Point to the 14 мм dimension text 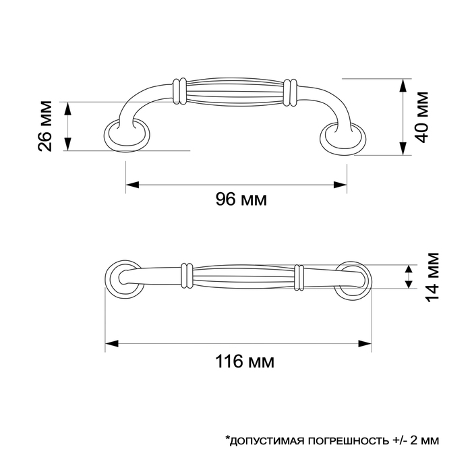[x=432, y=276]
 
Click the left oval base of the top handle [x=125, y=136]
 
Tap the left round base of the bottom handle [x=123, y=277]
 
